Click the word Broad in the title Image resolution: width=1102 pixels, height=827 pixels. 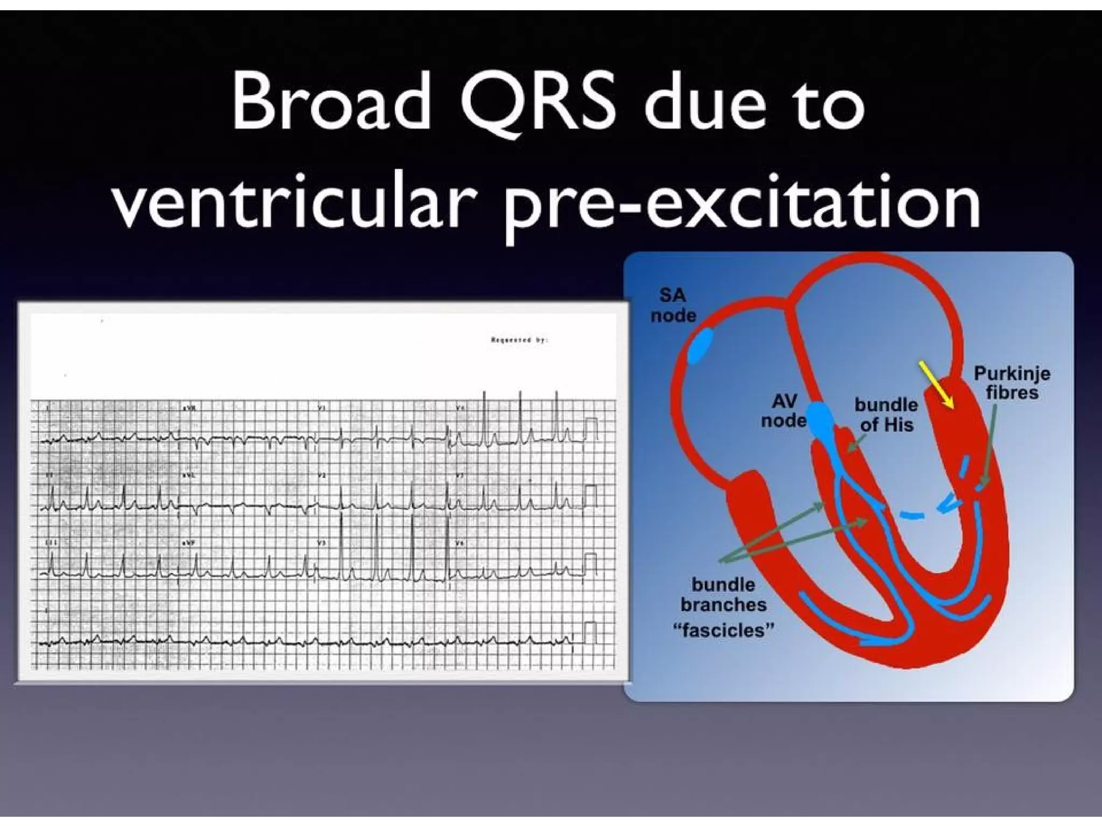pos(331,103)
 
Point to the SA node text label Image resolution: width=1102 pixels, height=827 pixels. pos(673,305)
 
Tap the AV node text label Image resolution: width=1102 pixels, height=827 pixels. pos(784,411)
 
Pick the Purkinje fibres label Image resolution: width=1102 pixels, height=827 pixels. pos(1012,382)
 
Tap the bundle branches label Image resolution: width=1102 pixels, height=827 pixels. pos(723,594)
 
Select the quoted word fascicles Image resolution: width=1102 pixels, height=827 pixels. pos(723,630)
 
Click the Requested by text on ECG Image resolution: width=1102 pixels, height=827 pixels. pos(519,340)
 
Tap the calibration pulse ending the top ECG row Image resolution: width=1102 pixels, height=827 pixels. pos(591,428)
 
